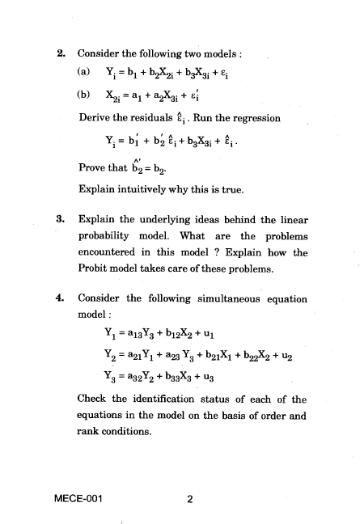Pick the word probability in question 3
point(108,236)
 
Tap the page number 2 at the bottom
point(188,498)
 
